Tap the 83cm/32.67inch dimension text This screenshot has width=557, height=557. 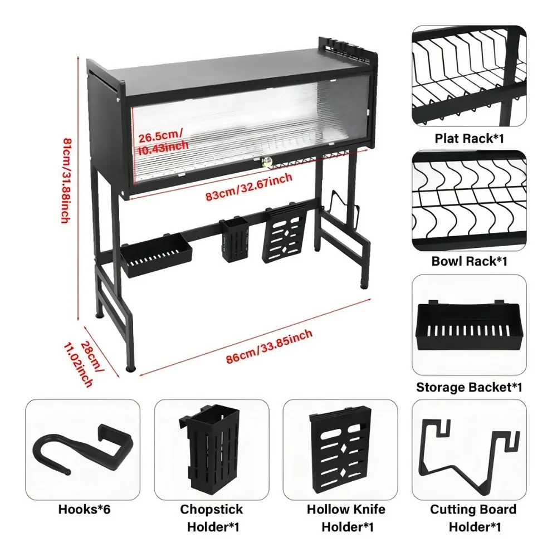click(249, 187)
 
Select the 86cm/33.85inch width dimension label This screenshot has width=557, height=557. click(269, 346)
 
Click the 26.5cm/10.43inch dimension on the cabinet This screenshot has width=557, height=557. click(163, 141)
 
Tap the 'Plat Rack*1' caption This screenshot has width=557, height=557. click(469, 138)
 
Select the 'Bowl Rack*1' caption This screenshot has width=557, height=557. click(469, 261)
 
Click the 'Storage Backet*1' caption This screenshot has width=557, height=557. click(469, 387)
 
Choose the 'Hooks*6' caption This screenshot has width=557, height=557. click(84, 509)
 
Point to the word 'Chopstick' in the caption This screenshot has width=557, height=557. click(211, 509)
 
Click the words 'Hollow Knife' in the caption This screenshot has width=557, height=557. click(346, 509)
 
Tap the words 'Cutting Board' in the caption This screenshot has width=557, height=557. click(473, 509)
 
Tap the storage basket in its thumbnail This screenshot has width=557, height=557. click(469, 326)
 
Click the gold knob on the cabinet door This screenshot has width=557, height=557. click(266, 162)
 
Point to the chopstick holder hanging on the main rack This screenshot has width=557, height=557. click(234, 239)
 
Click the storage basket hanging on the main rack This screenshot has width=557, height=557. click(157, 255)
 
